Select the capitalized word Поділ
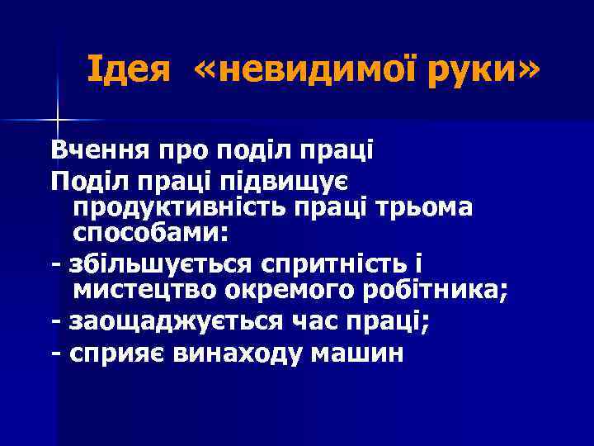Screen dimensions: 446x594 [x=88, y=180]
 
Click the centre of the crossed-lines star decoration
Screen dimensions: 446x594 [x=58, y=121]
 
